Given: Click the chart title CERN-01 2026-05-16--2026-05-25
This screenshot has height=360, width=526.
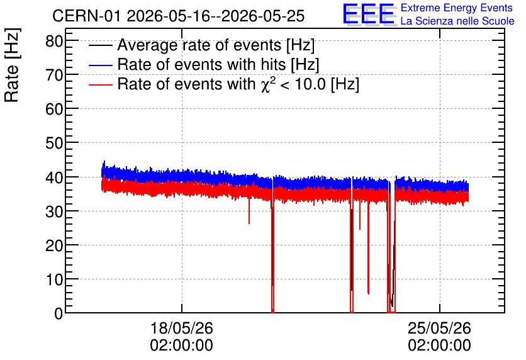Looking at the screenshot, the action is [x=179, y=16].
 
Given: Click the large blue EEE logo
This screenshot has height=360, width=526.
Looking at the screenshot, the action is [x=369, y=14].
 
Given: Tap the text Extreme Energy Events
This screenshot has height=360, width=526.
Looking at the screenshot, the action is [x=457, y=8].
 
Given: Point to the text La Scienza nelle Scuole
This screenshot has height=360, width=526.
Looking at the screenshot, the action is [x=457, y=21].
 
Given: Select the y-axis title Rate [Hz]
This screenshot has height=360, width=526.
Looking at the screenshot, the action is [x=12, y=65].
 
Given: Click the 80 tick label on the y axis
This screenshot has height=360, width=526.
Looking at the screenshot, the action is [x=54, y=42].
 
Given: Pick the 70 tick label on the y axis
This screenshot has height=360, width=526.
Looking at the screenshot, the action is [x=54, y=75].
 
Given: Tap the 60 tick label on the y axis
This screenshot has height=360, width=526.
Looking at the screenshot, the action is [x=54, y=109].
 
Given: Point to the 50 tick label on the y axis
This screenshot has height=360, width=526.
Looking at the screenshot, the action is [x=54, y=143].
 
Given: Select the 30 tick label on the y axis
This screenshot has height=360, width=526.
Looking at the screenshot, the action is [x=54, y=211].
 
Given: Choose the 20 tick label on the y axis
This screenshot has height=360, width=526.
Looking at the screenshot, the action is [x=54, y=245].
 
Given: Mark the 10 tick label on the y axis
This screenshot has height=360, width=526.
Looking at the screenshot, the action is [x=54, y=279].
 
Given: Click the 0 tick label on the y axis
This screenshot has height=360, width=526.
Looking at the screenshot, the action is [x=59, y=313].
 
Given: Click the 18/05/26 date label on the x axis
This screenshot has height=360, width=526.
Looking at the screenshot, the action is [x=181, y=328].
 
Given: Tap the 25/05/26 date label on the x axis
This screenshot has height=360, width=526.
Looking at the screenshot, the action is [x=439, y=328].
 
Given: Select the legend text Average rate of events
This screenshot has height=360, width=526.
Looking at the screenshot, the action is [x=199, y=45].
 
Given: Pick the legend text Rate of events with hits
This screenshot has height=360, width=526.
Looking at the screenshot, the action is [x=201, y=64].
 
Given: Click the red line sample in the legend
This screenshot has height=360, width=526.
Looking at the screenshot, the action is [x=100, y=85].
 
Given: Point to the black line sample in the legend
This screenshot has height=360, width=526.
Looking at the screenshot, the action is [x=100, y=45].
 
